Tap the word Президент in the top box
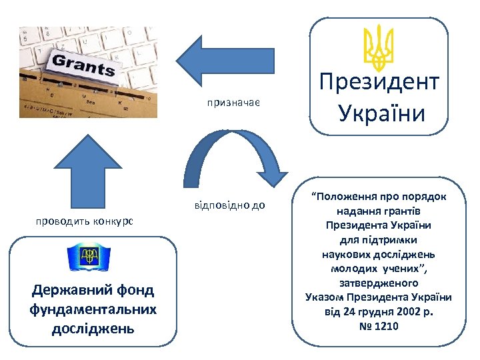379,83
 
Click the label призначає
233,103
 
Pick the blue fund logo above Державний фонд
89,257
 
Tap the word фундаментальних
93,309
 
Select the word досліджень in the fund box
93,329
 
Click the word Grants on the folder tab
83,65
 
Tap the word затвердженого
378,283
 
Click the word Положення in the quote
346,197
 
